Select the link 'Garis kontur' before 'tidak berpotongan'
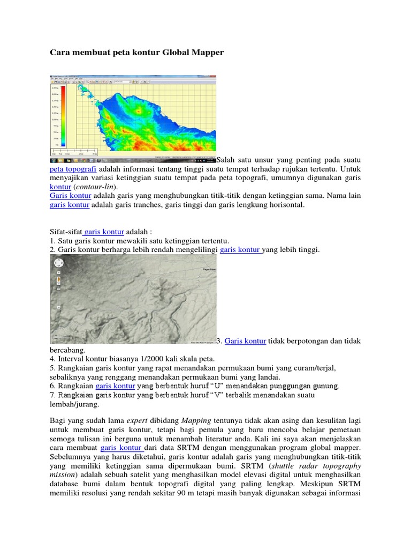pos(245,340)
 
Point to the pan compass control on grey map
pos(58,263)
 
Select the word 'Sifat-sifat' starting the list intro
pos(65,231)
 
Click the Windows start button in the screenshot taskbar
pos(54,160)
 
